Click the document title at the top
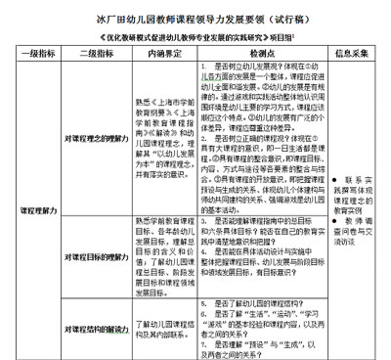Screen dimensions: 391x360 (196, 16)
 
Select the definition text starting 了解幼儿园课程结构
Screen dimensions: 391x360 (162, 328)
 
